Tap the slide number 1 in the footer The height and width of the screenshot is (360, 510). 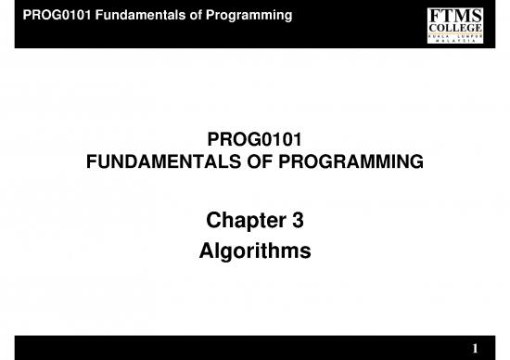pyautogui.click(x=475, y=348)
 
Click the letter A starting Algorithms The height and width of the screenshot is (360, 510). pyautogui.click(x=208, y=251)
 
